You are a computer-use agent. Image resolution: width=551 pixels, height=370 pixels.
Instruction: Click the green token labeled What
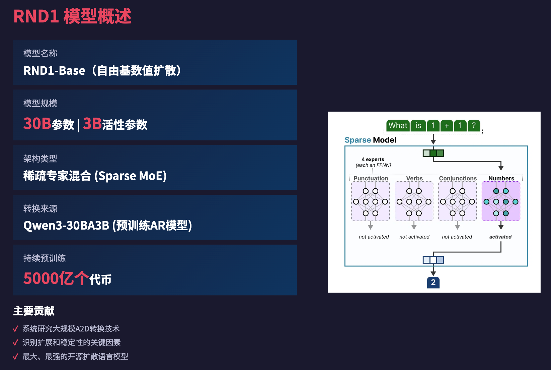tap(398, 126)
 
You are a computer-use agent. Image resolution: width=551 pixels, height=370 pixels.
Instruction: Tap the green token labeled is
tap(418, 126)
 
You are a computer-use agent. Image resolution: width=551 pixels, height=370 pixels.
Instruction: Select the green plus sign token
tap(447, 126)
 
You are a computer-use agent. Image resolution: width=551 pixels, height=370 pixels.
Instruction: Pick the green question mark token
tap(474, 126)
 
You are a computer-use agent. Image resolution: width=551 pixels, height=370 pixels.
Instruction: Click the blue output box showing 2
tap(433, 283)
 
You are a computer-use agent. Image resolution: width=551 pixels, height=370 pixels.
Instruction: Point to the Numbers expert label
tap(501, 178)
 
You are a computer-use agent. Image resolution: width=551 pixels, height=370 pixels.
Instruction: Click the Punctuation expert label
tap(371, 178)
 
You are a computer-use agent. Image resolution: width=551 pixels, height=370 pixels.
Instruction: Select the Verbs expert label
tap(414, 178)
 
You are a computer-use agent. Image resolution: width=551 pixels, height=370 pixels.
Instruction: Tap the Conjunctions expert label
tap(458, 178)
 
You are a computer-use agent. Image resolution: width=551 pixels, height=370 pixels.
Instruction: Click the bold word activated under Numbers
tap(500, 237)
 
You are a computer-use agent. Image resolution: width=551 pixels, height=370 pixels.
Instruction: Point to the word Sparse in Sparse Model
tap(358, 140)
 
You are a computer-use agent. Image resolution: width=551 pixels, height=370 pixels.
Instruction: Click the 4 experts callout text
tap(373, 160)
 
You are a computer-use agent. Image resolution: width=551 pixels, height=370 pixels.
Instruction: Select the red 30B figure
tap(37, 124)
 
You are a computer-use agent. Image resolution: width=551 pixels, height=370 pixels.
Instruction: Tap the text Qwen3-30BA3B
tap(66, 226)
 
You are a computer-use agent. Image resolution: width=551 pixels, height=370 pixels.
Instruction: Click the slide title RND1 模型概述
tap(72, 16)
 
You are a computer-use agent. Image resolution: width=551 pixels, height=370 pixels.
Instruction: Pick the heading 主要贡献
tap(34, 311)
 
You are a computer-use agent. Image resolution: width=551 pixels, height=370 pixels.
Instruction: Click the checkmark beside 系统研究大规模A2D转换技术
tap(15, 329)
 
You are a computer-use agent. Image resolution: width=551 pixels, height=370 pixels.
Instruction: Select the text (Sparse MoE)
tap(131, 176)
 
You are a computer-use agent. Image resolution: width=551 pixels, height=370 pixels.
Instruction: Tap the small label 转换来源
tap(40, 208)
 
